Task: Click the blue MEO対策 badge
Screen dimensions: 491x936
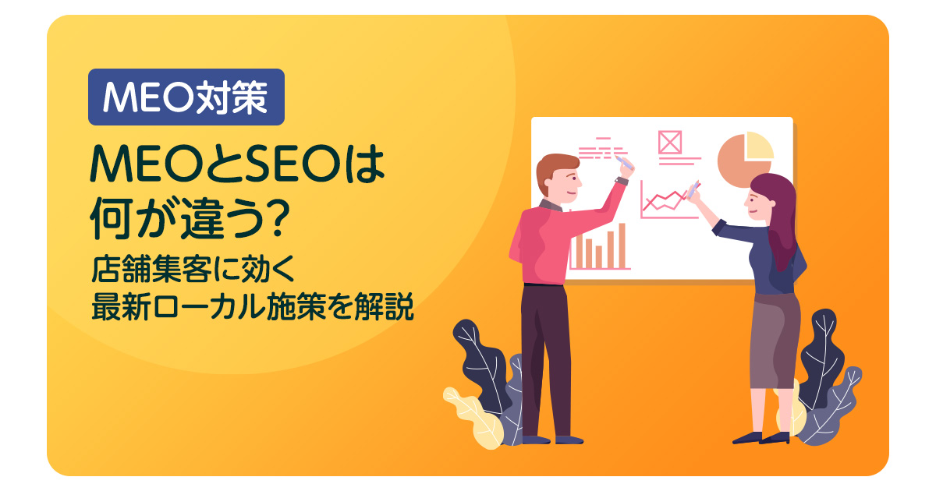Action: click(x=186, y=97)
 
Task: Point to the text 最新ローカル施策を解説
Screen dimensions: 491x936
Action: click(x=252, y=306)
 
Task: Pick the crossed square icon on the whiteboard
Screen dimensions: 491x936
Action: click(x=669, y=142)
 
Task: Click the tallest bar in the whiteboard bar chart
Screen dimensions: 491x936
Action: click(x=622, y=245)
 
